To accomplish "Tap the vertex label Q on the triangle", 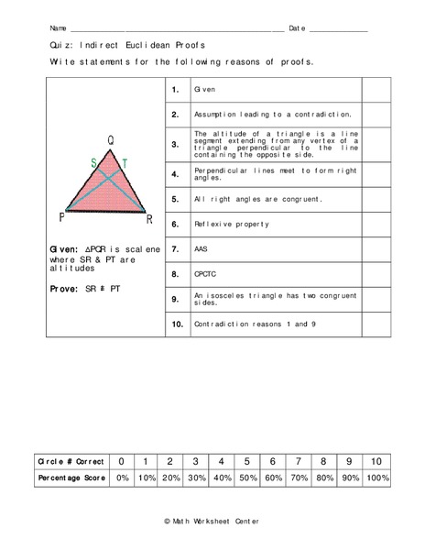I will click(111, 141).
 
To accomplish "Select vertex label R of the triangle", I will click(148, 220).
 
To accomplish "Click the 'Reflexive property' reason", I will click(231, 224).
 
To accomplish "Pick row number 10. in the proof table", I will click(177, 324).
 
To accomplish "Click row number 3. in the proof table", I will click(175, 145).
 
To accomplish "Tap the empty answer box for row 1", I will click(376, 91).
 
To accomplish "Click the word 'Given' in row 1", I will click(204, 91).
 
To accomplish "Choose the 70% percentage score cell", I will click(300, 478).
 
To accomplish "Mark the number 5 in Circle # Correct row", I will click(247, 460).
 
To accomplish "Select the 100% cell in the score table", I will click(377, 478).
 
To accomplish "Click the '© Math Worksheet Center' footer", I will click(212, 521).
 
